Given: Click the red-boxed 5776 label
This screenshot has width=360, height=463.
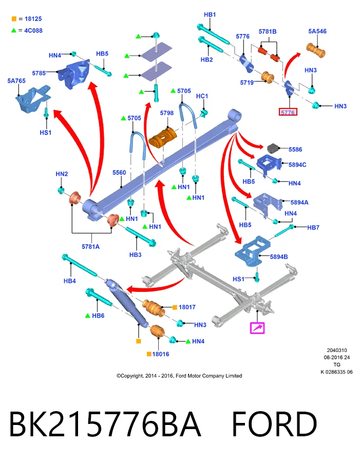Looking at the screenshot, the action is click(x=288, y=112).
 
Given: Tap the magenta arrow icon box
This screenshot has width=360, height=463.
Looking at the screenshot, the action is click(x=257, y=328).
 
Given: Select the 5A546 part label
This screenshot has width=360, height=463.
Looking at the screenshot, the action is click(x=317, y=31).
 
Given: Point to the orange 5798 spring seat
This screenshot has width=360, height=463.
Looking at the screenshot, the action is click(x=163, y=138).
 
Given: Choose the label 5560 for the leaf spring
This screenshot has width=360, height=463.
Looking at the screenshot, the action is click(x=119, y=173).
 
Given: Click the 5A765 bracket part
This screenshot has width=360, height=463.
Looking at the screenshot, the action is click(x=33, y=99).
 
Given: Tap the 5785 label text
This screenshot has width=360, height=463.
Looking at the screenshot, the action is click(x=39, y=73).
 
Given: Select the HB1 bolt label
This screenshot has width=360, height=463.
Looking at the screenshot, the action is click(x=210, y=14).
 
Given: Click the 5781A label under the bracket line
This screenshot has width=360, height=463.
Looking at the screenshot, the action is click(x=90, y=247).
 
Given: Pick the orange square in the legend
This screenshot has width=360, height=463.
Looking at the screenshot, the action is click(x=14, y=19).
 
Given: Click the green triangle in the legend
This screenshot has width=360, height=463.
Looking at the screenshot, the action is click(x=13, y=30).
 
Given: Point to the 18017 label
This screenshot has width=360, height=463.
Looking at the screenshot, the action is click(x=187, y=307).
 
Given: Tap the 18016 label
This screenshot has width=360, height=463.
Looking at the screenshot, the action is click(x=161, y=354).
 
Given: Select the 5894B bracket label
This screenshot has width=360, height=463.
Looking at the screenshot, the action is click(x=279, y=257).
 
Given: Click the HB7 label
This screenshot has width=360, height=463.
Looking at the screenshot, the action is click(x=313, y=227).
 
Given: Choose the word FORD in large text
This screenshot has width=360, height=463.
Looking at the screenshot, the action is click(x=274, y=424).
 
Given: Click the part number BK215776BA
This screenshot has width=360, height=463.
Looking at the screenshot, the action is click(x=105, y=424).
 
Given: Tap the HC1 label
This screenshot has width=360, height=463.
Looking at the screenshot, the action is click(x=202, y=96).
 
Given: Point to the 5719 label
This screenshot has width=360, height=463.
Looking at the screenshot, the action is click(x=247, y=83).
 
